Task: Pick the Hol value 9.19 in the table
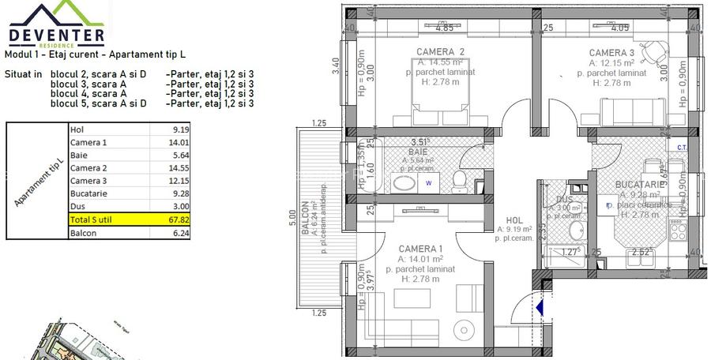[180, 130]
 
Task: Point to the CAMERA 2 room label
[440, 52]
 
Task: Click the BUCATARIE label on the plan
[640, 185]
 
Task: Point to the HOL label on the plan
[514, 221]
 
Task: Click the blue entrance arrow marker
[539, 307]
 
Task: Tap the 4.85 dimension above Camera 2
[444, 28]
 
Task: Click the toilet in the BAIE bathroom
[458, 182]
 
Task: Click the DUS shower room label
[564, 199]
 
